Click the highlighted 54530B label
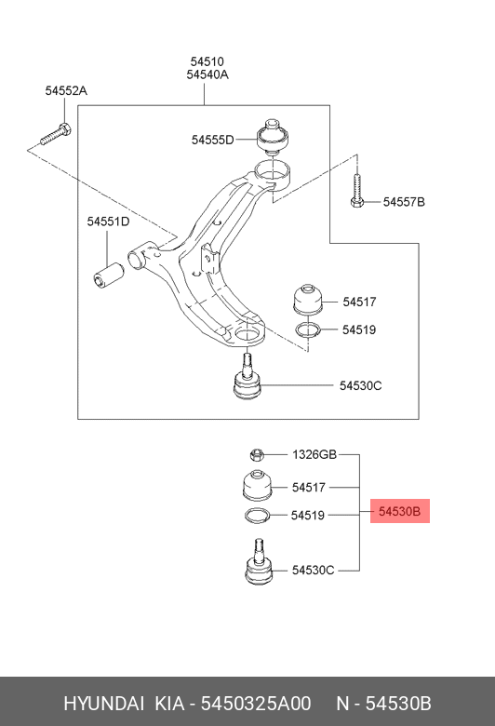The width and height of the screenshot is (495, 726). click(399, 511)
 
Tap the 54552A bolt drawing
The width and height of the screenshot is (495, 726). click(56, 133)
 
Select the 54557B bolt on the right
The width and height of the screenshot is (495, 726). click(356, 191)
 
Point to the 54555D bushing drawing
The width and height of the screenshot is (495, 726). click(273, 136)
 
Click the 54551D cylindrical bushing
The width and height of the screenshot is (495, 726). click(108, 275)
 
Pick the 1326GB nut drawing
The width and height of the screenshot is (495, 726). click(257, 454)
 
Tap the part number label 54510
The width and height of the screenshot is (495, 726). click(207, 61)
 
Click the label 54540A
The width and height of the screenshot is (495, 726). click(207, 74)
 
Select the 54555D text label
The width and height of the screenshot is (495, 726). click(212, 140)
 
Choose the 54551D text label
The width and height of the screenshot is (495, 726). click(108, 222)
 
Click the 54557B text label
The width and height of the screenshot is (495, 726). click(404, 202)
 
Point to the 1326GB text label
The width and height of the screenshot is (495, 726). click(314, 454)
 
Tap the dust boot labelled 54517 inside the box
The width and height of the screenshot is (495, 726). click(307, 299)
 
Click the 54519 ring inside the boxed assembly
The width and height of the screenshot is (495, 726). click(308, 329)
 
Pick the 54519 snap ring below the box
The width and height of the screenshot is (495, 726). click(257, 516)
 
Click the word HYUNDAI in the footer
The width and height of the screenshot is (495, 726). click(103, 704)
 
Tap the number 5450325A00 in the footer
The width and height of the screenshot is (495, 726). click(256, 704)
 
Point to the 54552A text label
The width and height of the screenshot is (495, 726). click(66, 91)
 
